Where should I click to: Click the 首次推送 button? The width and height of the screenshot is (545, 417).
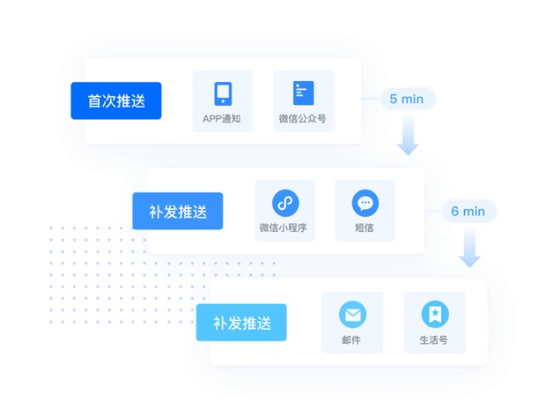click(x=116, y=101)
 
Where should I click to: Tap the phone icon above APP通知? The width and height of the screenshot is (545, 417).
click(x=223, y=93)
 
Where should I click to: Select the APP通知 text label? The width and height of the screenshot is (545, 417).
click(x=221, y=119)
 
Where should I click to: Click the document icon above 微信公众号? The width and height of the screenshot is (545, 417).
click(x=303, y=93)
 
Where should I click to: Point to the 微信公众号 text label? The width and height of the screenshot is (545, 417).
click(x=302, y=119)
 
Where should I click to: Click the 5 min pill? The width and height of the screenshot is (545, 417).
click(x=407, y=99)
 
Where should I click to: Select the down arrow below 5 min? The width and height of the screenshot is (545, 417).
click(x=408, y=136)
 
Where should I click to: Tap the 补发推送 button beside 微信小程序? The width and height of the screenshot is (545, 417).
click(x=178, y=211)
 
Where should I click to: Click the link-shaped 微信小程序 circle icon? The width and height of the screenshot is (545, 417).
click(x=285, y=203)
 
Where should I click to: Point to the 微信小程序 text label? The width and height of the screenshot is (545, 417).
click(x=284, y=228)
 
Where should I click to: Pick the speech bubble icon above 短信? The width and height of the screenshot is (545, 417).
click(x=365, y=203)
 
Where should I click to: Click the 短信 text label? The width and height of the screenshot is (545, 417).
click(x=364, y=228)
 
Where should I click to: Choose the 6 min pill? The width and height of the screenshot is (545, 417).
click(x=469, y=211)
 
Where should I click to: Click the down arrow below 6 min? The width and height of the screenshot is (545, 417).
click(x=469, y=248)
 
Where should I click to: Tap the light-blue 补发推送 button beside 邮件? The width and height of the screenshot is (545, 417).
click(x=241, y=322)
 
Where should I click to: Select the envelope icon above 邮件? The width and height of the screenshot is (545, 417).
click(x=353, y=315)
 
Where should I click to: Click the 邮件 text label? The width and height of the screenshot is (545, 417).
click(x=351, y=339)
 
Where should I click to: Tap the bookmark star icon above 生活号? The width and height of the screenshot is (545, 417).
click(x=435, y=315)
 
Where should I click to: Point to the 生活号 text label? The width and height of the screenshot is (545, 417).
click(x=433, y=339)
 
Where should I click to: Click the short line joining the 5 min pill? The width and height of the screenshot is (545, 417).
click(x=371, y=99)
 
